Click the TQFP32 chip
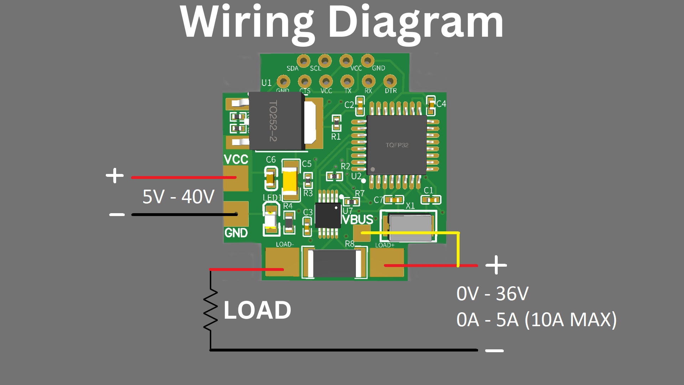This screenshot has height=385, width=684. pyautogui.click(x=397, y=145)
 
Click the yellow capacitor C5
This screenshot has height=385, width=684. pyautogui.click(x=290, y=180)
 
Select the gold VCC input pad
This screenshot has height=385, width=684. pyautogui.click(x=235, y=178)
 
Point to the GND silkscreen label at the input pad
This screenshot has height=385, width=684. pyautogui.click(x=236, y=233)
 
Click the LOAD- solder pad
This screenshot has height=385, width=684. pyautogui.click(x=282, y=262)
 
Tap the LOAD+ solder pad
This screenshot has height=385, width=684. pyautogui.click(x=387, y=263)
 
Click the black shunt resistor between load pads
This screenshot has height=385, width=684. pyautogui.click(x=334, y=264)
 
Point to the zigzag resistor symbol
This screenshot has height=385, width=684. pyautogui.click(x=211, y=309)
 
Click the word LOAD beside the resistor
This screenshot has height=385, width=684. pyautogui.click(x=257, y=310)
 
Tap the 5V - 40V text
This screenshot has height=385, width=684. pyautogui.click(x=178, y=197)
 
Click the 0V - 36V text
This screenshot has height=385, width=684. pyautogui.click(x=492, y=294)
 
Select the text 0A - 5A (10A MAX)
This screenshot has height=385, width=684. pyautogui.click(x=536, y=320)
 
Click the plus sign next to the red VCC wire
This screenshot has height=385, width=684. pyautogui.click(x=115, y=176)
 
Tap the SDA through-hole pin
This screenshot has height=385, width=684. pyautogui.click(x=304, y=61)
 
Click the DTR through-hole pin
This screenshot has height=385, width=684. pyautogui.click(x=390, y=82)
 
